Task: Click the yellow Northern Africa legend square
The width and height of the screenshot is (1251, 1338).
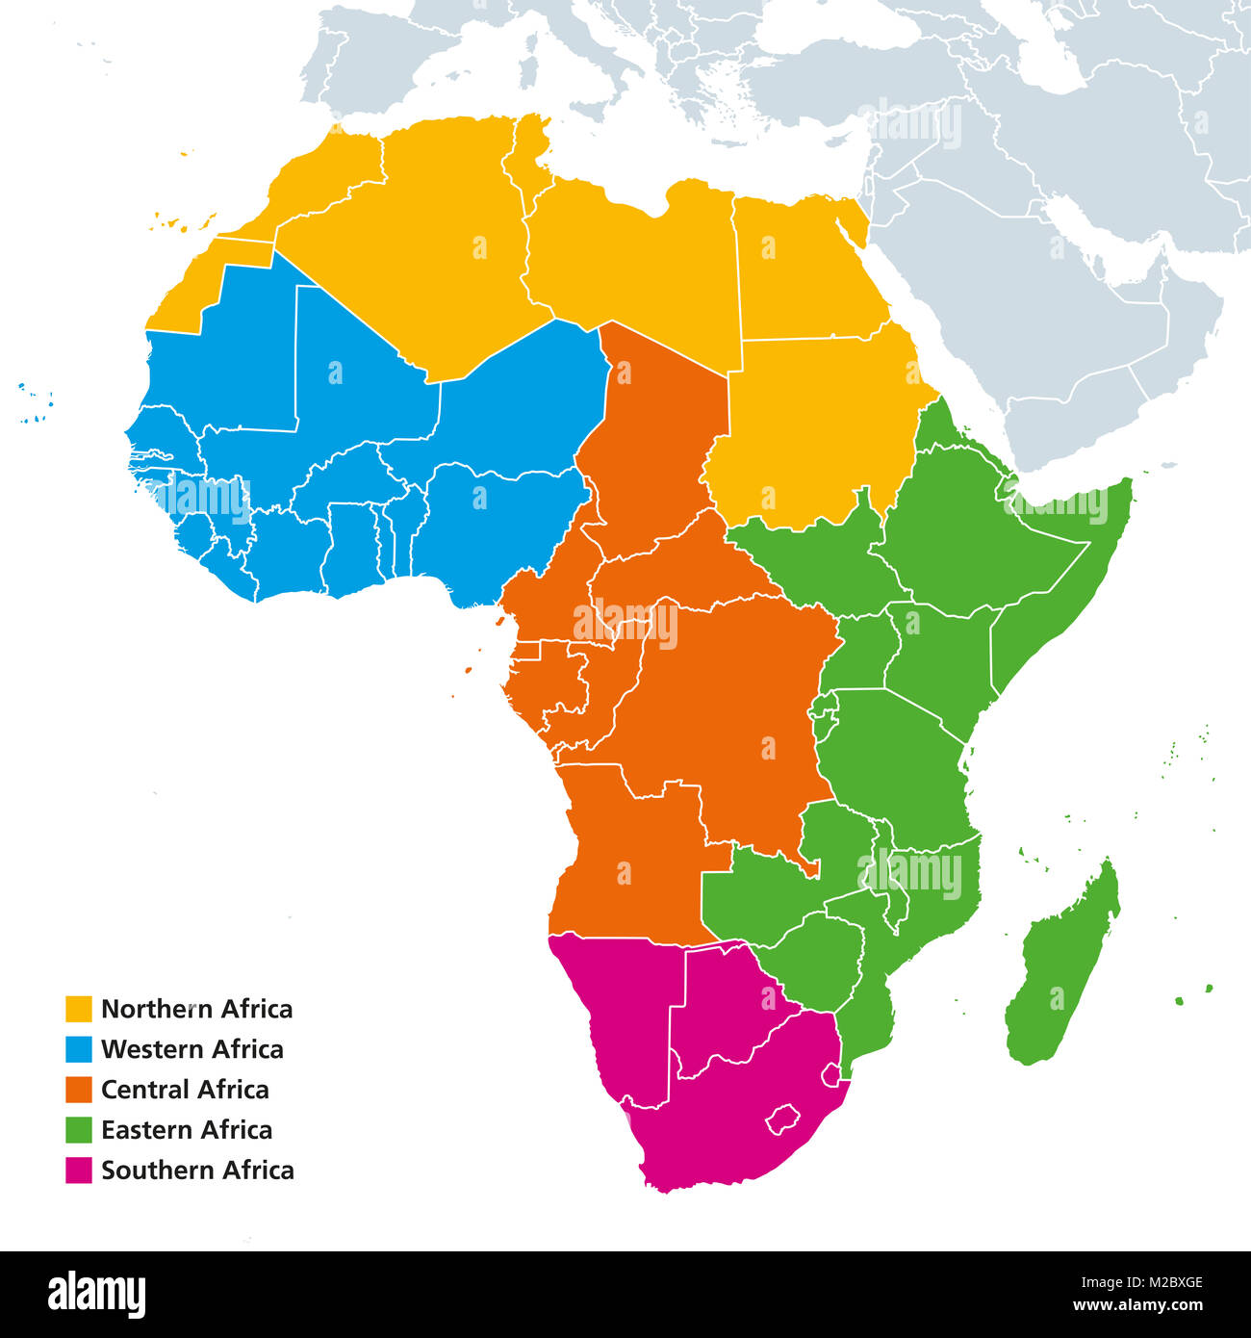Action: tap(79, 1009)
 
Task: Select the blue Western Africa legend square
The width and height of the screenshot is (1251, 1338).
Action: tap(79, 1049)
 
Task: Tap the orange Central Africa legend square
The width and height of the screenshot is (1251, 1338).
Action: tap(79, 1090)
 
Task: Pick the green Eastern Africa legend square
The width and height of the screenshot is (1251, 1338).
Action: tap(79, 1130)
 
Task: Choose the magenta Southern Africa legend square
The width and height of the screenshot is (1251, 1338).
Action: tap(79, 1171)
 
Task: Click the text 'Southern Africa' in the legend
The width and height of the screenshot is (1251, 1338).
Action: tap(197, 1171)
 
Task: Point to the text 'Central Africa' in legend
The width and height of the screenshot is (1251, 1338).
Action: tap(185, 1090)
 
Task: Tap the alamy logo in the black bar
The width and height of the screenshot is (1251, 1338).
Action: tap(97, 1292)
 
